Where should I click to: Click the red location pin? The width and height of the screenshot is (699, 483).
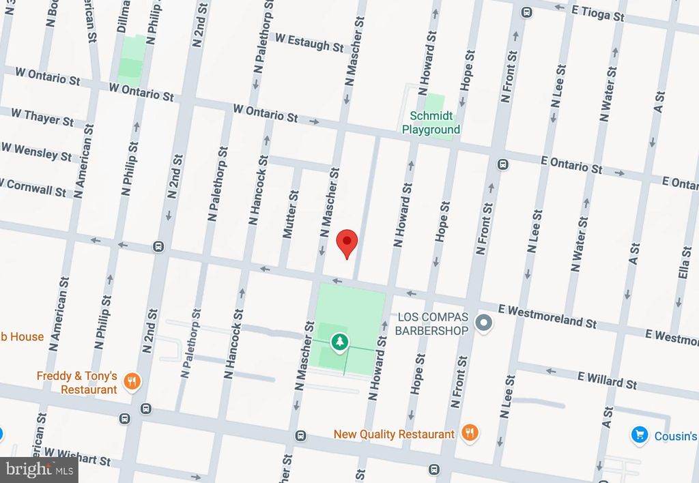[347, 242]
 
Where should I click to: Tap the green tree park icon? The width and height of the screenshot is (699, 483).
[339, 342]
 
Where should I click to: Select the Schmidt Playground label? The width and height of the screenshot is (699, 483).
[431, 123]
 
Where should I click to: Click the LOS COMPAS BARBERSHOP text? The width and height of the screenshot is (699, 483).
[433, 324]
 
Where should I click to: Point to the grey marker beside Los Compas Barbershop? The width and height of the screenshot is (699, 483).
[484, 323]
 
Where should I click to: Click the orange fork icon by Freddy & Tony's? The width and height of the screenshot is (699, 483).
[133, 382]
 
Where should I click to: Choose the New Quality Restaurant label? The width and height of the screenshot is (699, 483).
[394, 434]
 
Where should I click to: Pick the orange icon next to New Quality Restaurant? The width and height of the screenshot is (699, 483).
[469, 433]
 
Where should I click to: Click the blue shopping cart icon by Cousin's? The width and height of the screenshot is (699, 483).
[639, 435]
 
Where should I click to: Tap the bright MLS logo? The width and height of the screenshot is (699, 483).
[38, 469]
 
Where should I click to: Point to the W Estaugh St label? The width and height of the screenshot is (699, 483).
[309, 42]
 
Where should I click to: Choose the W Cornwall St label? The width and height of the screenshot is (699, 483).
[34, 186]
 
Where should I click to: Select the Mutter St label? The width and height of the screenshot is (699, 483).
[290, 214]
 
